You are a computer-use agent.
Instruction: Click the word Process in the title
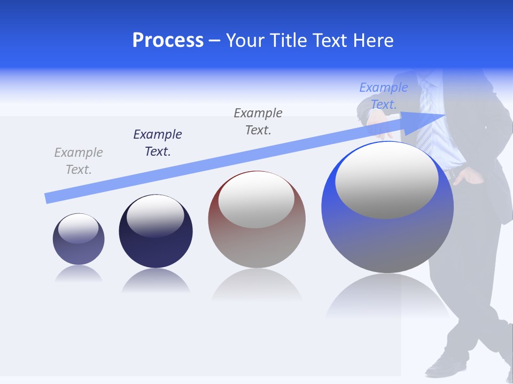pyautogui.click(x=168, y=41)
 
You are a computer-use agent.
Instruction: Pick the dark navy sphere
pyautogui.click(x=156, y=245)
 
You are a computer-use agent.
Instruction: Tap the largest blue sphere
pyautogui.click(x=387, y=240)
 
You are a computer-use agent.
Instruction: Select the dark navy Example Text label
pyautogui.click(x=158, y=143)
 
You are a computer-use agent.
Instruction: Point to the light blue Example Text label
pyautogui.click(x=384, y=96)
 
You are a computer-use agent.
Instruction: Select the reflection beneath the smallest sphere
pyautogui.click(x=79, y=274)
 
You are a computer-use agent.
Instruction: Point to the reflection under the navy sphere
pyautogui.click(x=156, y=282)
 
